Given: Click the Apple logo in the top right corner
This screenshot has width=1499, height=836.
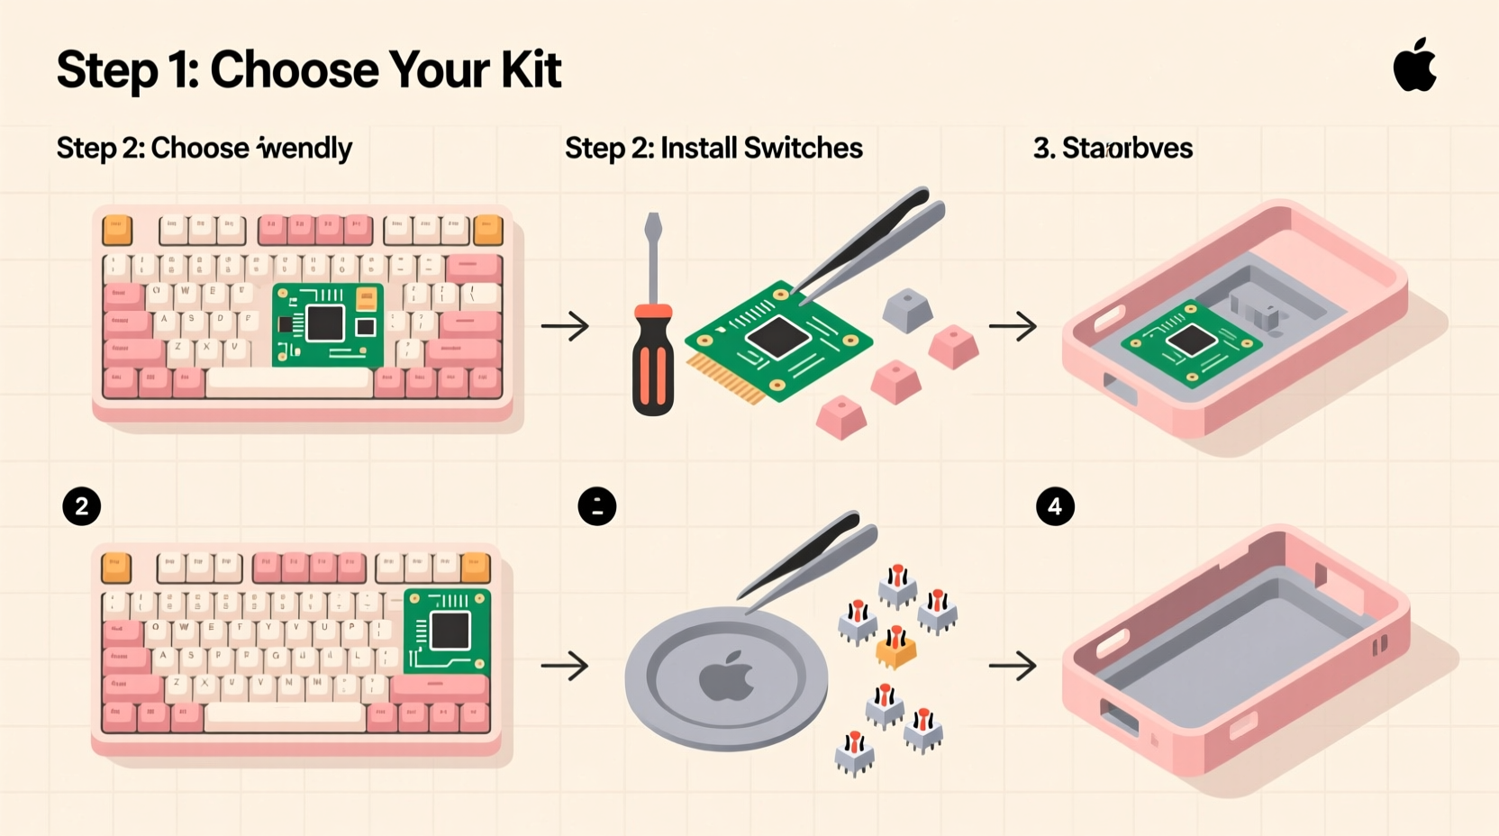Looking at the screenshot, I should (1415, 66).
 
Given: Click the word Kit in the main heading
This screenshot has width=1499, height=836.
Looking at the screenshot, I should (531, 69).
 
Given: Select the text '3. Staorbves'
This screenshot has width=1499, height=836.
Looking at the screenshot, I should (1113, 148).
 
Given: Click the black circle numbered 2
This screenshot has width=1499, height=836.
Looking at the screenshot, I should (82, 506).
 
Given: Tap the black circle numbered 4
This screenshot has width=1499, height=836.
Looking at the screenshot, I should (1055, 506).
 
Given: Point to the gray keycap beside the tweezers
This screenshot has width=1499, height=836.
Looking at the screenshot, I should (906, 310).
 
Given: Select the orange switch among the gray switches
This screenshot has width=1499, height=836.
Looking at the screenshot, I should (895, 648).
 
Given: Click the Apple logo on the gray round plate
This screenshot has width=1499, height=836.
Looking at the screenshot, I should (727, 677).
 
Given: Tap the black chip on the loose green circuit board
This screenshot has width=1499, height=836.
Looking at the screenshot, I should (777, 338).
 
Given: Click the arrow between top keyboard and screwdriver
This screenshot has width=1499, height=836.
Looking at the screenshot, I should (565, 325).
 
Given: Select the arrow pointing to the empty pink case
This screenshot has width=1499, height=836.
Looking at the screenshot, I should (1013, 666).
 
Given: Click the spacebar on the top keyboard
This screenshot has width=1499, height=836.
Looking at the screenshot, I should (289, 383).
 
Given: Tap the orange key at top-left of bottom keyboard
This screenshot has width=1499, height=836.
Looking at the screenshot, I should (116, 568).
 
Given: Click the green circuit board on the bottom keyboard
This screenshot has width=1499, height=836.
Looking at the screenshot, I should (447, 632).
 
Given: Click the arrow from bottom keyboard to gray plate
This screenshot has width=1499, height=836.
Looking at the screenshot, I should (565, 666).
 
